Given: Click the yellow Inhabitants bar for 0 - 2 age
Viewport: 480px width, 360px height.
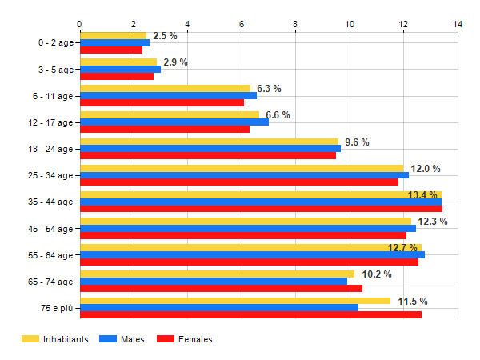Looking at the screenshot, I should [114, 36].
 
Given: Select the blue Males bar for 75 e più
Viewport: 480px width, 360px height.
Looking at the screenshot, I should [219, 308].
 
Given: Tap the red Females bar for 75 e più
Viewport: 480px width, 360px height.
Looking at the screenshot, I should [250, 315].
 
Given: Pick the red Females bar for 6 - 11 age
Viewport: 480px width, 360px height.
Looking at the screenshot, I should [162, 103].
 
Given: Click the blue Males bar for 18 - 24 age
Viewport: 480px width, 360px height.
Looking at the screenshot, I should [210, 149].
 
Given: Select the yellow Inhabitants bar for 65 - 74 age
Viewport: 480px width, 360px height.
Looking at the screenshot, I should [217, 274].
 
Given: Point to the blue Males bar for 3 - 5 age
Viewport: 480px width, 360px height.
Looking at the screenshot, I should [120, 70].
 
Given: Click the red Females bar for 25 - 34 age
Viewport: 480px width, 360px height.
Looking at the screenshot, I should [238, 182].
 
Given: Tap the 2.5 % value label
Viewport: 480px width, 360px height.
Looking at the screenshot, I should [165, 36].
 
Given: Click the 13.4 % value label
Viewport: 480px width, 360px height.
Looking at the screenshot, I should [423, 195].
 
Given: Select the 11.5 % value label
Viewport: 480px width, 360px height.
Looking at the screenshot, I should [413, 301].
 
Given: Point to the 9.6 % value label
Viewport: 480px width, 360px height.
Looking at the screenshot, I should [357, 142].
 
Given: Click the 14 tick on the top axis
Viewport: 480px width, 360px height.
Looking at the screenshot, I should [458, 24].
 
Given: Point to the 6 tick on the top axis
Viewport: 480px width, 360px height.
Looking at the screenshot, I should [242, 24].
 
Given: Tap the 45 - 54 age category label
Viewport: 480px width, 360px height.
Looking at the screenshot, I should [50, 228].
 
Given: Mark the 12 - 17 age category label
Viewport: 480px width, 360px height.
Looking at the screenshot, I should [50, 122].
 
